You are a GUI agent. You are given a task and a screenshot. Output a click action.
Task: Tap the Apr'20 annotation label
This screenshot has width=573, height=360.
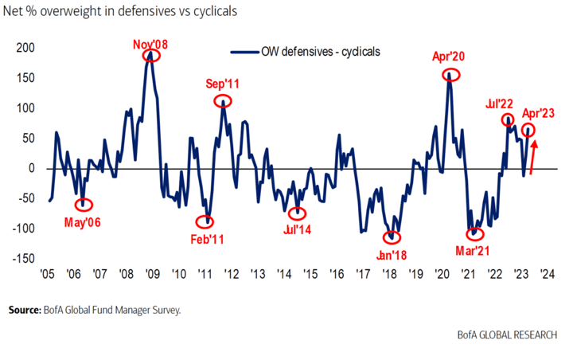(x=448, y=58)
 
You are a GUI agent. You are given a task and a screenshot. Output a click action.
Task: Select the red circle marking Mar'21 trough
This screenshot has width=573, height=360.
(x=475, y=234)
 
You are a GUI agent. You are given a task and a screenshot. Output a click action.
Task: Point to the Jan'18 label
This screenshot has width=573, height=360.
(x=392, y=256)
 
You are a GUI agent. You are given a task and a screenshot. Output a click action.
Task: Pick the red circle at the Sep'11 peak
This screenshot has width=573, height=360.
(x=223, y=101)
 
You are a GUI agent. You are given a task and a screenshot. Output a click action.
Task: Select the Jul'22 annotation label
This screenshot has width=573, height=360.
(x=501, y=104)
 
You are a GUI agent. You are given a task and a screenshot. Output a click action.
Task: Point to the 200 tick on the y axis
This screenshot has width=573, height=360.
(x=25, y=48)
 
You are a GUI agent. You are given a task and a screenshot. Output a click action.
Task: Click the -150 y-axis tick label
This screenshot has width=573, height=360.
(x=23, y=259)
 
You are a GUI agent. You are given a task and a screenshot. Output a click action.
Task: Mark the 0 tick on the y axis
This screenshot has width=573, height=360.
(x=33, y=168)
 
